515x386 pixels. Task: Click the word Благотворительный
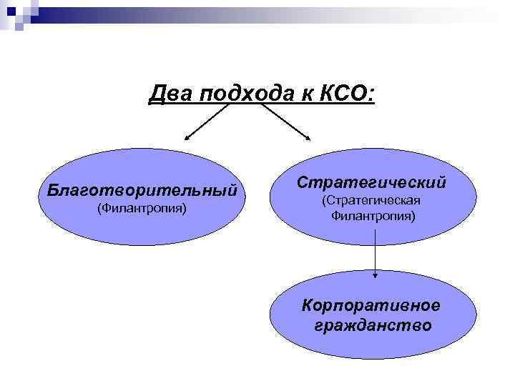(141, 190)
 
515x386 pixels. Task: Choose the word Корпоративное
(371, 306)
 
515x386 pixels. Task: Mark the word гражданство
(373, 326)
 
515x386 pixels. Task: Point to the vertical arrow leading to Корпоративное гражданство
(375, 257)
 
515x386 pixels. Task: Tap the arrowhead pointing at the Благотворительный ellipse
(187, 138)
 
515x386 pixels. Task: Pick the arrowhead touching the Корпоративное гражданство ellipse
(375, 274)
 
